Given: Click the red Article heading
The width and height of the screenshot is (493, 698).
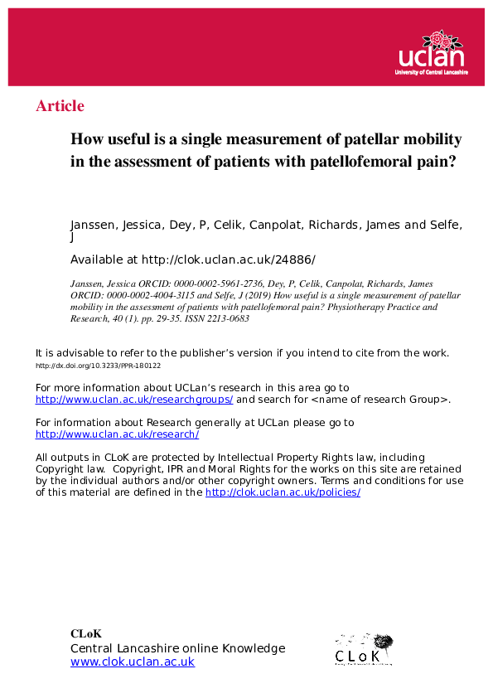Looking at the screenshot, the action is (60, 106).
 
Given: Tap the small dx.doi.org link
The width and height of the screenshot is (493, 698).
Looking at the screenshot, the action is (98, 366).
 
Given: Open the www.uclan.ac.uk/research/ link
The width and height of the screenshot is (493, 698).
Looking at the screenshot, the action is (117, 434).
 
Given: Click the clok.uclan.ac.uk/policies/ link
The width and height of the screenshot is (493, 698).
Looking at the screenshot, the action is (283, 492).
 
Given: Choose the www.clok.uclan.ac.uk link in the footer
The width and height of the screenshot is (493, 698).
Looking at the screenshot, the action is (133, 662).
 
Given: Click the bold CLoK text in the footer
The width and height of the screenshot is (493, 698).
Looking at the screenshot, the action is (86, 634).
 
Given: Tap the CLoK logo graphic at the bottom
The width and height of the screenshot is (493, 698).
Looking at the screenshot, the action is (363, 649).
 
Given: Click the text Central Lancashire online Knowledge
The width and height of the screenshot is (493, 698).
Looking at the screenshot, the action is (177, 648).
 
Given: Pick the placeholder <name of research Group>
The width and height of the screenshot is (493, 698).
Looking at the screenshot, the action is (384, 400).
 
